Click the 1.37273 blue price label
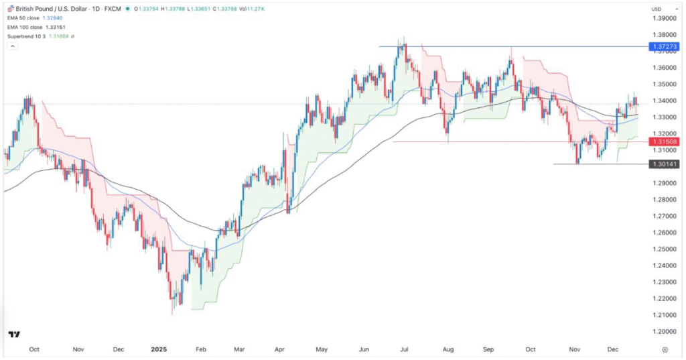pos(661,46)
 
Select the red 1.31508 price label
pos(661,141)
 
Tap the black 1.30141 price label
pos(661,164)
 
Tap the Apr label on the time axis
pos(281,349)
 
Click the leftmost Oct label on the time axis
pos(35,349)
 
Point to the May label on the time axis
pos(323,349)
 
